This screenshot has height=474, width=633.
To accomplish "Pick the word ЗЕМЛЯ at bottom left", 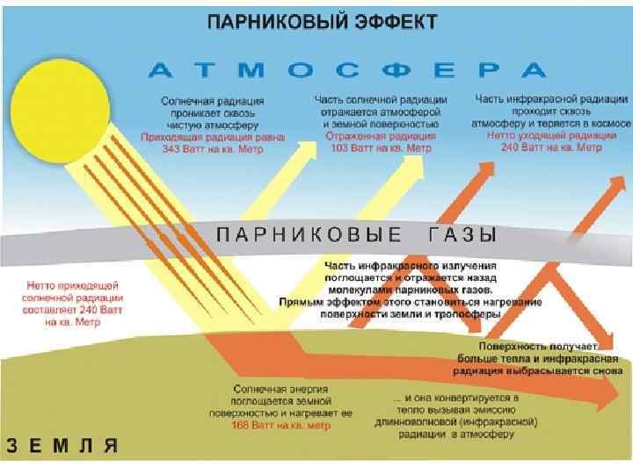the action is [x=62, y=444].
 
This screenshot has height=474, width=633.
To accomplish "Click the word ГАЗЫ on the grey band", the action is [x=464, y=234].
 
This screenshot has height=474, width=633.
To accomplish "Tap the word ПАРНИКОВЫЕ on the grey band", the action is [x=309, y=234].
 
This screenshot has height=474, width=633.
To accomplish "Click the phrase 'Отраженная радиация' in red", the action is [x=380, y=137].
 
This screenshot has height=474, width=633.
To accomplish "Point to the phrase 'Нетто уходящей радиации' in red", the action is [x=551, y=137].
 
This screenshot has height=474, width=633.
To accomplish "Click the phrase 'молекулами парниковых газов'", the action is [x=411, y=287].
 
